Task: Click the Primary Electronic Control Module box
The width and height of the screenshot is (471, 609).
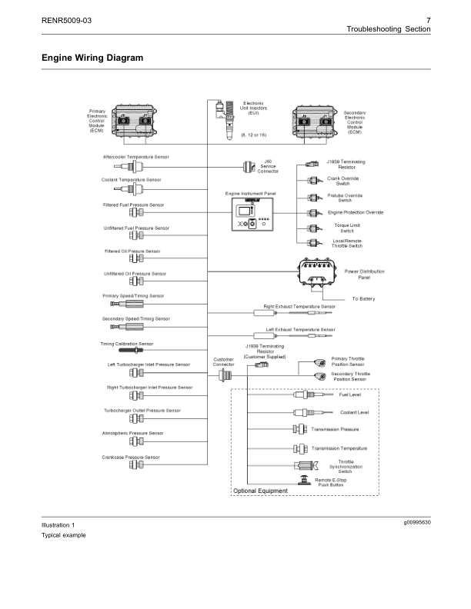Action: pyautogui.click(x=135, y=120)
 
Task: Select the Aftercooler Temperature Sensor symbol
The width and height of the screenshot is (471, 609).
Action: pyautogui.click(x=127, y=166)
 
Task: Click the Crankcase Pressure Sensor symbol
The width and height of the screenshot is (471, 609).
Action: pyautogui.click(x=135, y=466)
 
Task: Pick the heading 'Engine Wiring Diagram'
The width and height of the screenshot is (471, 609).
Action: pyautogui.click(x=92, y=58)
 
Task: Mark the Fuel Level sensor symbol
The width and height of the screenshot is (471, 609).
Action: pyautogui.click(x=310, y=395)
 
